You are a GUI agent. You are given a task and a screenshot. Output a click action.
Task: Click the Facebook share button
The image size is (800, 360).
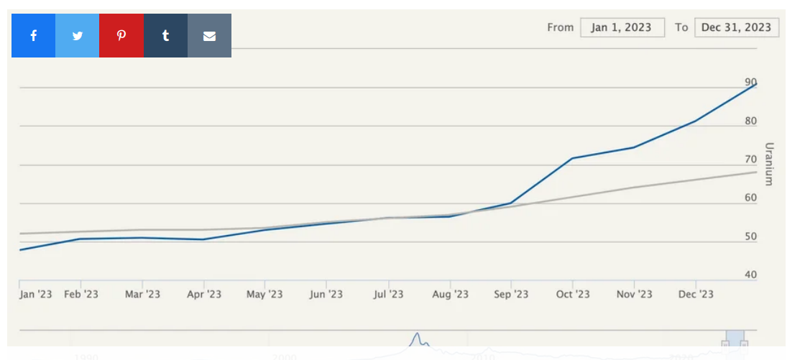33,35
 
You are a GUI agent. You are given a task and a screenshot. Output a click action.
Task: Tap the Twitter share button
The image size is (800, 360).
77,35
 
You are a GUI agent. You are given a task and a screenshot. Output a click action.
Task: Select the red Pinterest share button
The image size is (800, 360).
121,35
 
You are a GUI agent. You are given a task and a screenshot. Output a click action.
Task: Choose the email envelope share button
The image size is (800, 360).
209,35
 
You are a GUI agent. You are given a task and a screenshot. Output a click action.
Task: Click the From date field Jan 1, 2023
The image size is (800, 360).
622,27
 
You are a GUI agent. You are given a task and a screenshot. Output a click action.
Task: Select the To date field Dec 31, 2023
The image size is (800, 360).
737,27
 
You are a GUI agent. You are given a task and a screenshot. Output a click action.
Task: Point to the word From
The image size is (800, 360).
561,27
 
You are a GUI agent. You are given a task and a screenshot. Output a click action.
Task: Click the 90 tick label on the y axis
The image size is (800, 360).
751,82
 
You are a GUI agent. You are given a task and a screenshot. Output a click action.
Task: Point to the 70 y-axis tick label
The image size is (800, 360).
751,160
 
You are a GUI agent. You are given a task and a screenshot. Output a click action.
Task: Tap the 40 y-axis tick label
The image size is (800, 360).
751,274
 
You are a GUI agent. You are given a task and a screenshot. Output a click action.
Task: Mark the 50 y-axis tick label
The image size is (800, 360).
751,236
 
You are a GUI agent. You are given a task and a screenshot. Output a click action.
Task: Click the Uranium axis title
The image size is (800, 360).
769,164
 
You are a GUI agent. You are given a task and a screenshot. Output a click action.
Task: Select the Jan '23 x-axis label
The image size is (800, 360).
35,294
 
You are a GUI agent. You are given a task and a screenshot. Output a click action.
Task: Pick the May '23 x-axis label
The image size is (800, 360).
265,294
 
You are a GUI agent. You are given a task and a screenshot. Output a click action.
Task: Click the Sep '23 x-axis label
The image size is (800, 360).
511,294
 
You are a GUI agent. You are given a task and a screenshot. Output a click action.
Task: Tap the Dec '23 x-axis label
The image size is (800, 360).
696,294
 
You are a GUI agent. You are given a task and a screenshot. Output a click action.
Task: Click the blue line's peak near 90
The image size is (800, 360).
756,84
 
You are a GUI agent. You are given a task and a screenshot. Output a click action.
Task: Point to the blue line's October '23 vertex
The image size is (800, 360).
572,158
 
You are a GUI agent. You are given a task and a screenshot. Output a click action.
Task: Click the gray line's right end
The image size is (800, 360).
756,172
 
